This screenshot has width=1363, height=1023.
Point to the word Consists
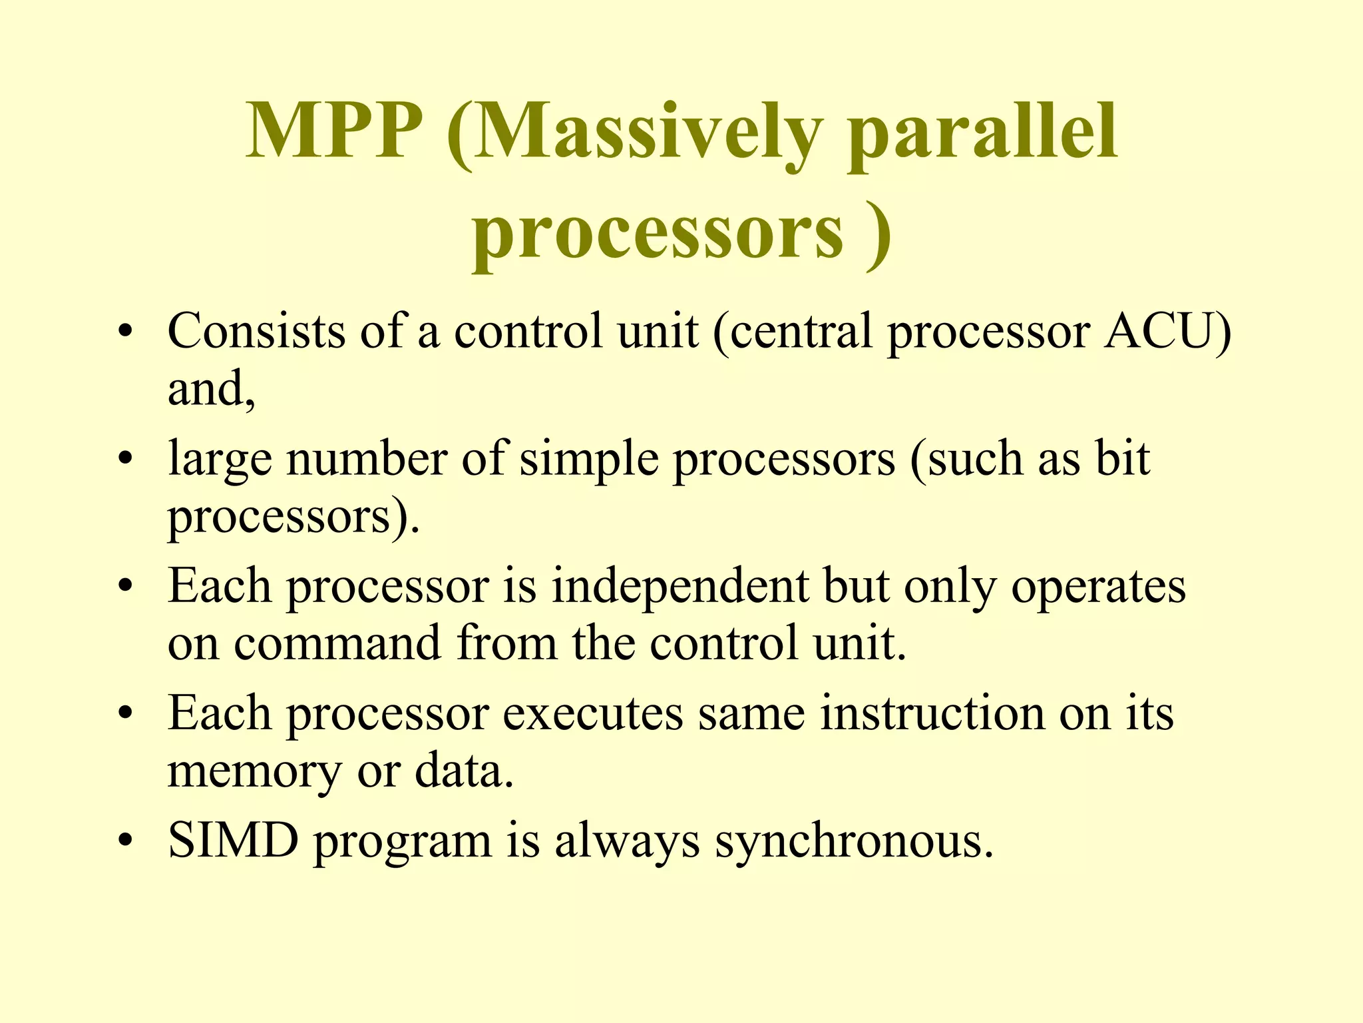(x=256, y=331)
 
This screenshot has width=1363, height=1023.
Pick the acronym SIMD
(x=233, y=841)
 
